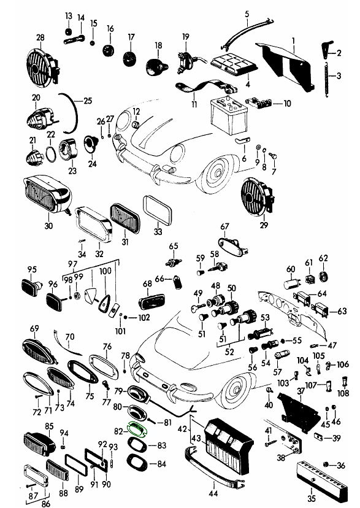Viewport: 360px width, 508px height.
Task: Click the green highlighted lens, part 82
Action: click(137, 429)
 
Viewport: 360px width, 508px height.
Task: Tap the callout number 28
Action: click(40, 37)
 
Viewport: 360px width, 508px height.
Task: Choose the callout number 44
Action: click(213, 493)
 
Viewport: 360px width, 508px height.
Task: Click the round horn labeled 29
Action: click(258, 196)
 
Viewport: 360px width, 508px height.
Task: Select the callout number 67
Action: click(224, 226)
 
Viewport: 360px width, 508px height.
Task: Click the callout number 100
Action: click(105, 271)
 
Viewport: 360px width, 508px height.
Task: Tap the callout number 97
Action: click(73, 264)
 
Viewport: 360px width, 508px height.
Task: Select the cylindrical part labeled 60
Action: click(292, 283)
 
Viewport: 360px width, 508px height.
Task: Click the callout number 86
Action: click(45, 503)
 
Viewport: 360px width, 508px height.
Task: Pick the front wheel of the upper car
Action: click(218, 172)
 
